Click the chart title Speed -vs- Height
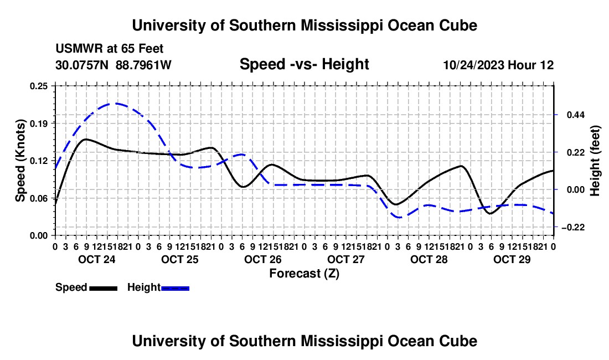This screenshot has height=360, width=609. (x=304, y=64)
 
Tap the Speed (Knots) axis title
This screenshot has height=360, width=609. (x=20, y=161)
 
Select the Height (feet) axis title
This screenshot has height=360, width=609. (x=595, y=161)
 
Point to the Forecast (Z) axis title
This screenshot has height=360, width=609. (x=304, y=274)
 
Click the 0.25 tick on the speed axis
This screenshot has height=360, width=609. (x=39, y=86)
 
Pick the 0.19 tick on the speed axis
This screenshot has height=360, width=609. (x=39, y=124)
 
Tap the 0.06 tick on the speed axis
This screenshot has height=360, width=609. (x=39, y=198)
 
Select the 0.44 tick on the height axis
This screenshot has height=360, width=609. (x=576, y=115)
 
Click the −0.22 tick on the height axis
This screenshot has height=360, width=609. (x=573, y=227)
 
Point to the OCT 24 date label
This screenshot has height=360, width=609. (x=97, y=259)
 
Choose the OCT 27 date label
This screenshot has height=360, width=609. (x=345, y=259)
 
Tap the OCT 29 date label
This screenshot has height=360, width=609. (x=512, y=259)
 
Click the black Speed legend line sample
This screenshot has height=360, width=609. (x=104, y=288)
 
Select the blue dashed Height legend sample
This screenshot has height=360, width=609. (x=175, y=288)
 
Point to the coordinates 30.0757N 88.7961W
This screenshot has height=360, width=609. (x=113, y=65)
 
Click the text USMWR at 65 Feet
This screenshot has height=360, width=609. (x=110, y=49)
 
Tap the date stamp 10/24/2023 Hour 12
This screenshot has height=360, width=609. (x=498, y=65)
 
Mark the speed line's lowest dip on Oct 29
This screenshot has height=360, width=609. (x=491, y=214)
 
